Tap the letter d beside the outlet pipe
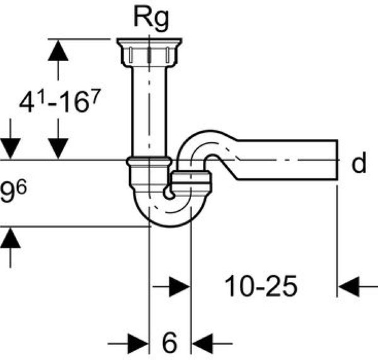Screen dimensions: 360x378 coord(358,164)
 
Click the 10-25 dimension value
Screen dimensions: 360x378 coord(260,288)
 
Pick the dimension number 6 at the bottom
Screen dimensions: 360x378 coord(169,343)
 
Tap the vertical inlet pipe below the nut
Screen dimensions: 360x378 coord(149,107)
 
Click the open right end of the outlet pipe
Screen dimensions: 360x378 coord(337,163)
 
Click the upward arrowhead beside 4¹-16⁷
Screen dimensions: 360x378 coord(59,51)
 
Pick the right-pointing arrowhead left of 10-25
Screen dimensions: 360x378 coord(179,288)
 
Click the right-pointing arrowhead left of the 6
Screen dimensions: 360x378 coord(138,343)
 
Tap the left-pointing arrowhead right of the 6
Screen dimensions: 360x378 coord(202,343)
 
